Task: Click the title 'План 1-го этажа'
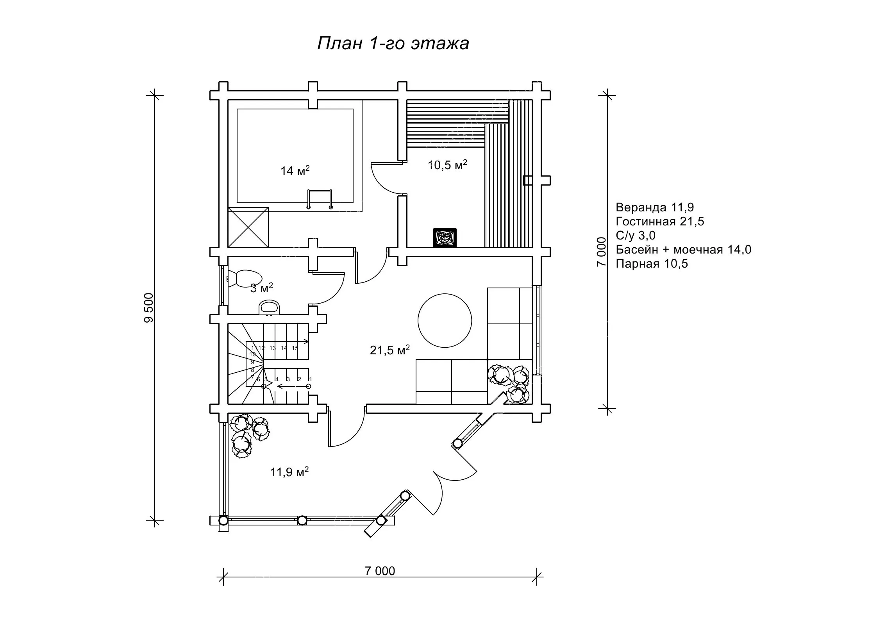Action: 393,43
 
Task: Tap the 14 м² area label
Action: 295,171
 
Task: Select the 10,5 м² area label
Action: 448,165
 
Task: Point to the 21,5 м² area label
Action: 389,350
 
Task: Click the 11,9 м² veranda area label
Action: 289,472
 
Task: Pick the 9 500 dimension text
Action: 149,308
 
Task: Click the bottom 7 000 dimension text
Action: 380,571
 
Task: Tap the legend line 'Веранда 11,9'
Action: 654,207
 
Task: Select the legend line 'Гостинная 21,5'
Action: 659,222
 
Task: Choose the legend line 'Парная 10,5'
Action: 652,264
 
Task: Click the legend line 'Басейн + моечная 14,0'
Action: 683,250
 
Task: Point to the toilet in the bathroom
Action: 244,278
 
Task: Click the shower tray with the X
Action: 248,227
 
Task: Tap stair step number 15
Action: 295,348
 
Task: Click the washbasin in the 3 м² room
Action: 270,307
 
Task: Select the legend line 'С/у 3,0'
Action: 635,236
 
